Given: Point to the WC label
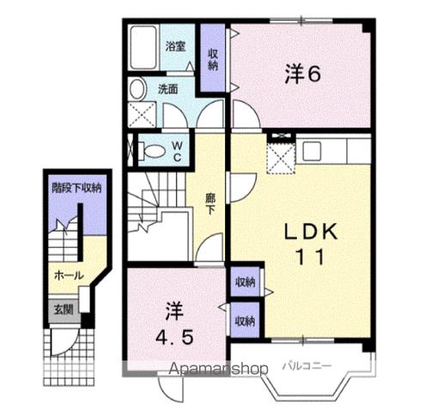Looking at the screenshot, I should point(176,152).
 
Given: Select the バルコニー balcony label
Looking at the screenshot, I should point(307,366).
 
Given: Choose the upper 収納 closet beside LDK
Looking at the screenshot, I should point(245,282).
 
